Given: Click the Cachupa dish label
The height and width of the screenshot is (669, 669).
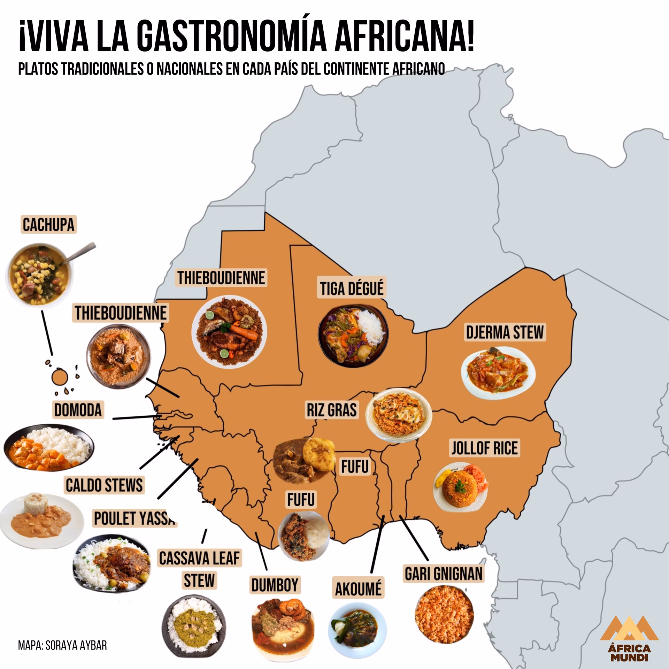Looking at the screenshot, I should tap(48, 225).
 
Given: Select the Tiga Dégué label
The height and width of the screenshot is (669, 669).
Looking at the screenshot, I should tap(352, 289).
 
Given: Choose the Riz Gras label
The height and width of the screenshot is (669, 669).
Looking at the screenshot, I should tap(332, 409).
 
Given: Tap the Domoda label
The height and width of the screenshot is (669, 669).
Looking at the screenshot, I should tap(78, 410).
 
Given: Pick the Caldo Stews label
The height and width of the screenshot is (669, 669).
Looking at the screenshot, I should tap(104, 485).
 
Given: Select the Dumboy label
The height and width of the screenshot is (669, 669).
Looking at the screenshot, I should tap(275, 585).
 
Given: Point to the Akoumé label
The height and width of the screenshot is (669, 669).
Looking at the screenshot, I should tap(358, 589).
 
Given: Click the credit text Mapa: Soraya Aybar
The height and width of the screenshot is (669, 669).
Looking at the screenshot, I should tap(62, 645).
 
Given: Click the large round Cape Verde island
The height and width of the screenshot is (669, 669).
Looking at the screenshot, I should tap(59, 377).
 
